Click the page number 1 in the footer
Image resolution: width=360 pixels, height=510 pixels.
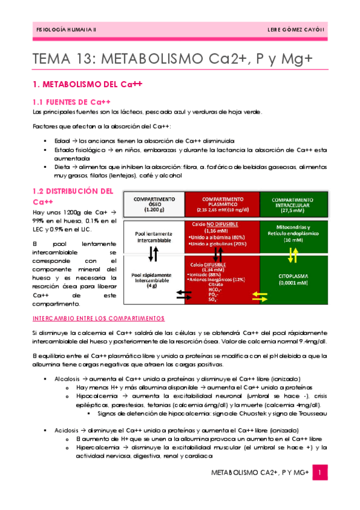[x=322, y=475]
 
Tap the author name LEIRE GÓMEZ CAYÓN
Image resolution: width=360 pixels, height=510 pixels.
[x=296, y=30]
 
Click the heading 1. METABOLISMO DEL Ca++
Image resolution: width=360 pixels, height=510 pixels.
[x=87, y=85]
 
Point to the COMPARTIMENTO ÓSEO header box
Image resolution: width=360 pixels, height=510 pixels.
[x=154, y=204]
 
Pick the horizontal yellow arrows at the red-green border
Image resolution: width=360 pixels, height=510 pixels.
[x=260, y=295]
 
